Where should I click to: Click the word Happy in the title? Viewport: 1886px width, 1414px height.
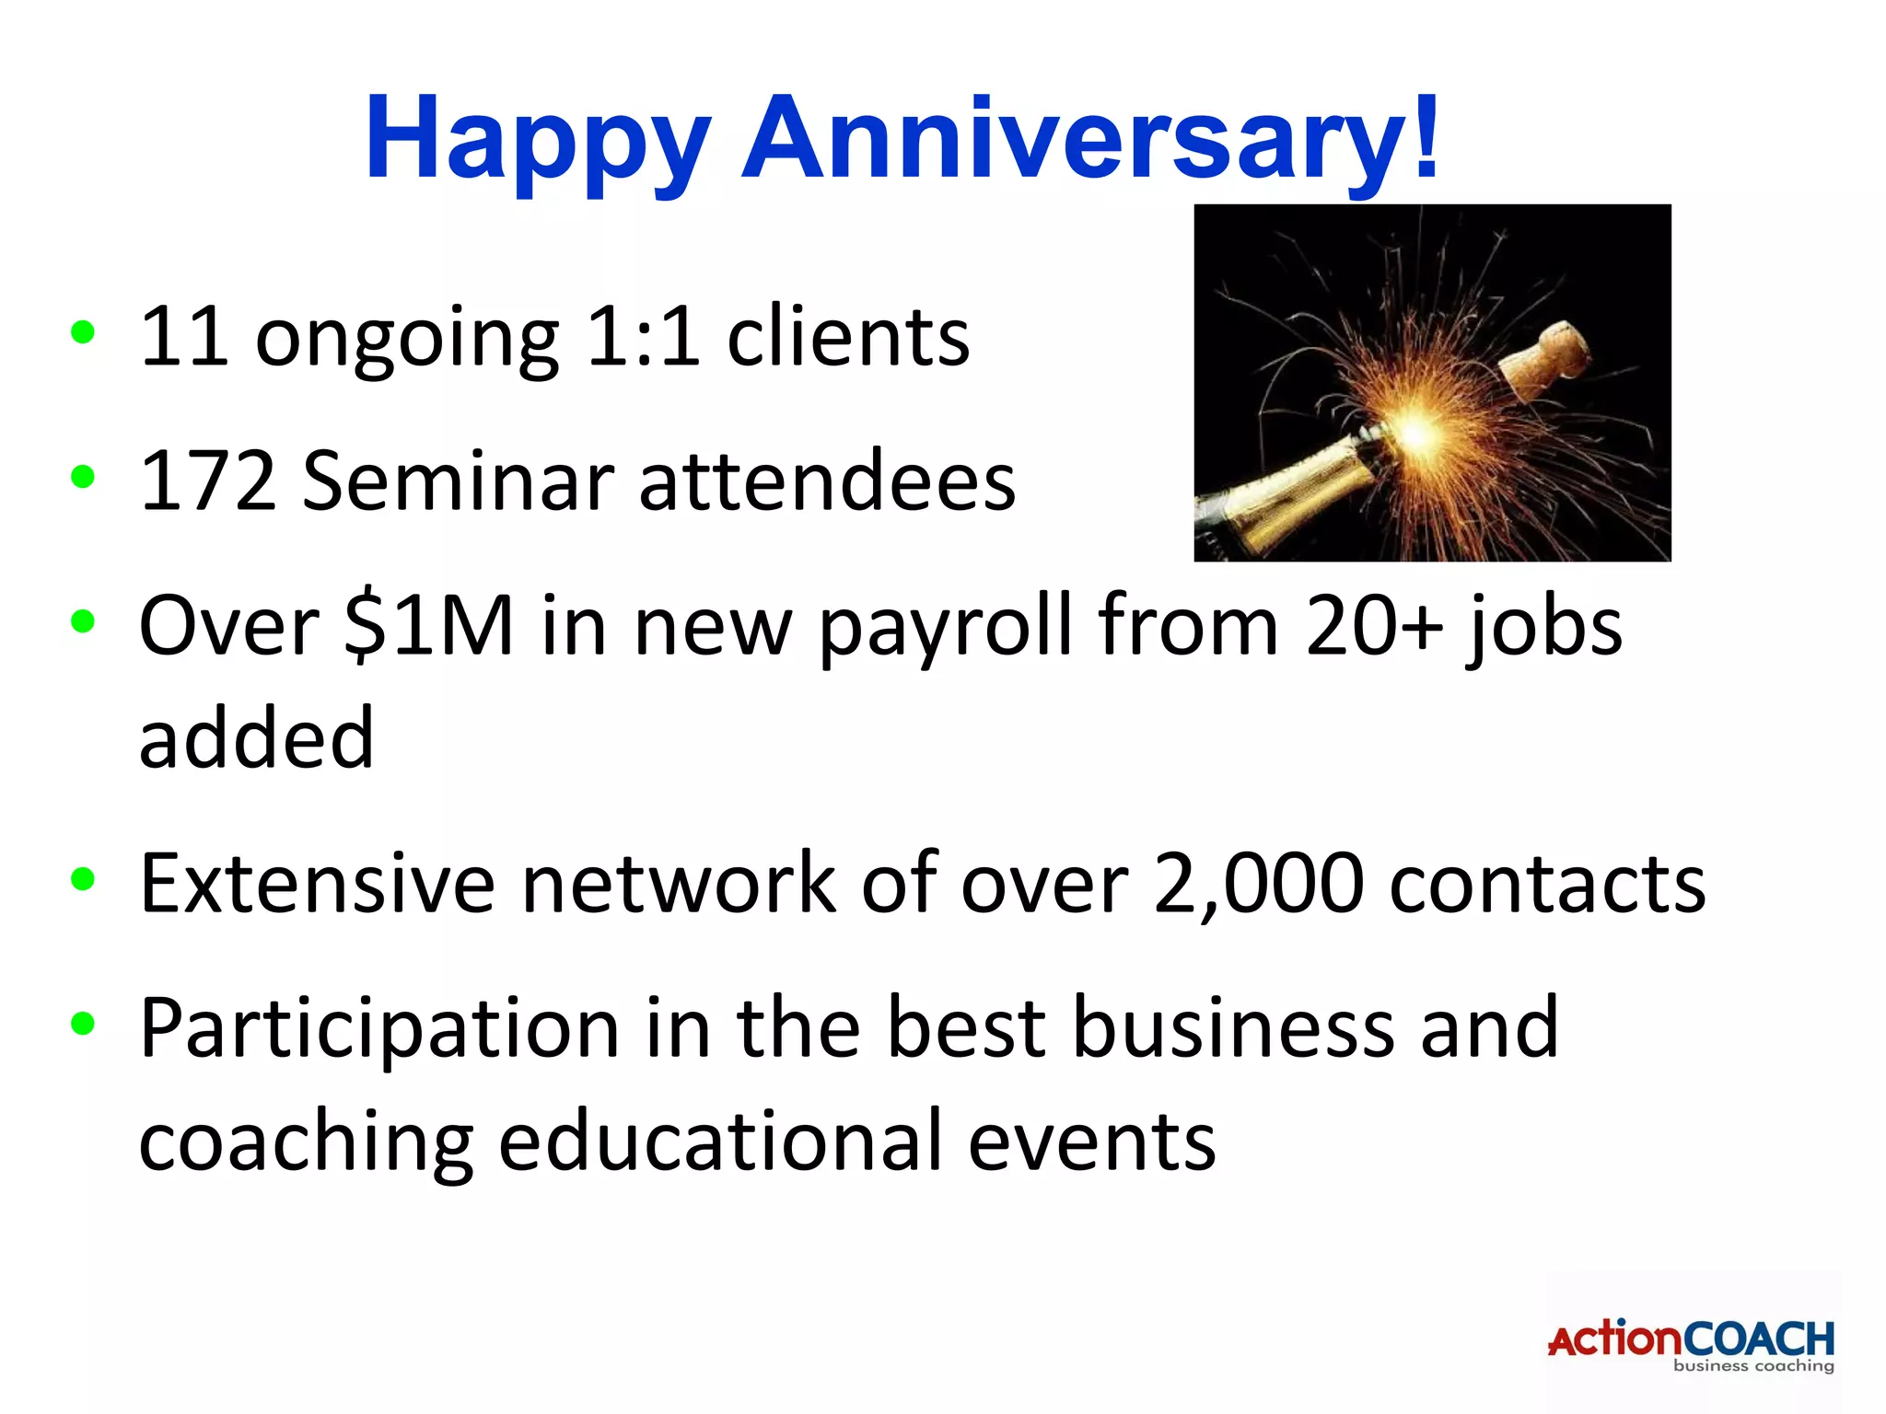538,140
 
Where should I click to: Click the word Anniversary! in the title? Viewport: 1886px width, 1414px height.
1090,140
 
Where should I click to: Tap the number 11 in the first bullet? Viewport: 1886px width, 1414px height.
184,337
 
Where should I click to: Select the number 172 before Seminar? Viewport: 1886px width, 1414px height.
208,481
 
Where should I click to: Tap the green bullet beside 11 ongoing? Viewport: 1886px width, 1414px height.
83,333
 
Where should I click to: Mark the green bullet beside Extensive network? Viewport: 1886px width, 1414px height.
83,880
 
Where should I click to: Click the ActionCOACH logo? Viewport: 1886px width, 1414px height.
1691,1344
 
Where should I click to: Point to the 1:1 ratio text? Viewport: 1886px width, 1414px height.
642,337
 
